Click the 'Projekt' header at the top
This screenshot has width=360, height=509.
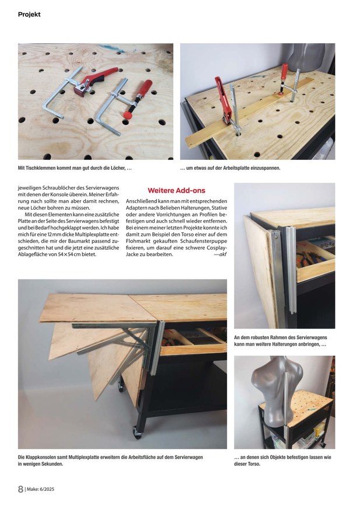pos(29,14)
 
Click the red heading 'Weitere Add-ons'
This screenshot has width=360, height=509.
pos(176,190)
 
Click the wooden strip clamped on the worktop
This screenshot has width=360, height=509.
pos(251,114)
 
